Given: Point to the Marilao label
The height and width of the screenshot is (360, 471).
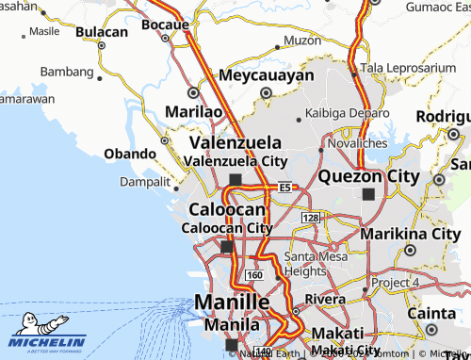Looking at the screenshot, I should coord(193,111).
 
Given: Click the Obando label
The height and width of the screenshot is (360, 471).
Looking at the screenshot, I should coord(130,154).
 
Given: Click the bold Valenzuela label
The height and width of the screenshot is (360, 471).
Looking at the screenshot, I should coord(235,141).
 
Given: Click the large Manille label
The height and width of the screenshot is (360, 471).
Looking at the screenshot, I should coord(232,302).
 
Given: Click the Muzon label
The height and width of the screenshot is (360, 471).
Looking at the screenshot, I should coord(302,41).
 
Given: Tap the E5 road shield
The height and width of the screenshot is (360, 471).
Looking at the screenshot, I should coord(284,188).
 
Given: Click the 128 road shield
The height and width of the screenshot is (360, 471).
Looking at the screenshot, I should coord(311,218).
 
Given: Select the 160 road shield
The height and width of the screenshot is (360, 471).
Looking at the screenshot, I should coord(253,274).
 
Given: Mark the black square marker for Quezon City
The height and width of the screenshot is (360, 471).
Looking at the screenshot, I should coord(367,194).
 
